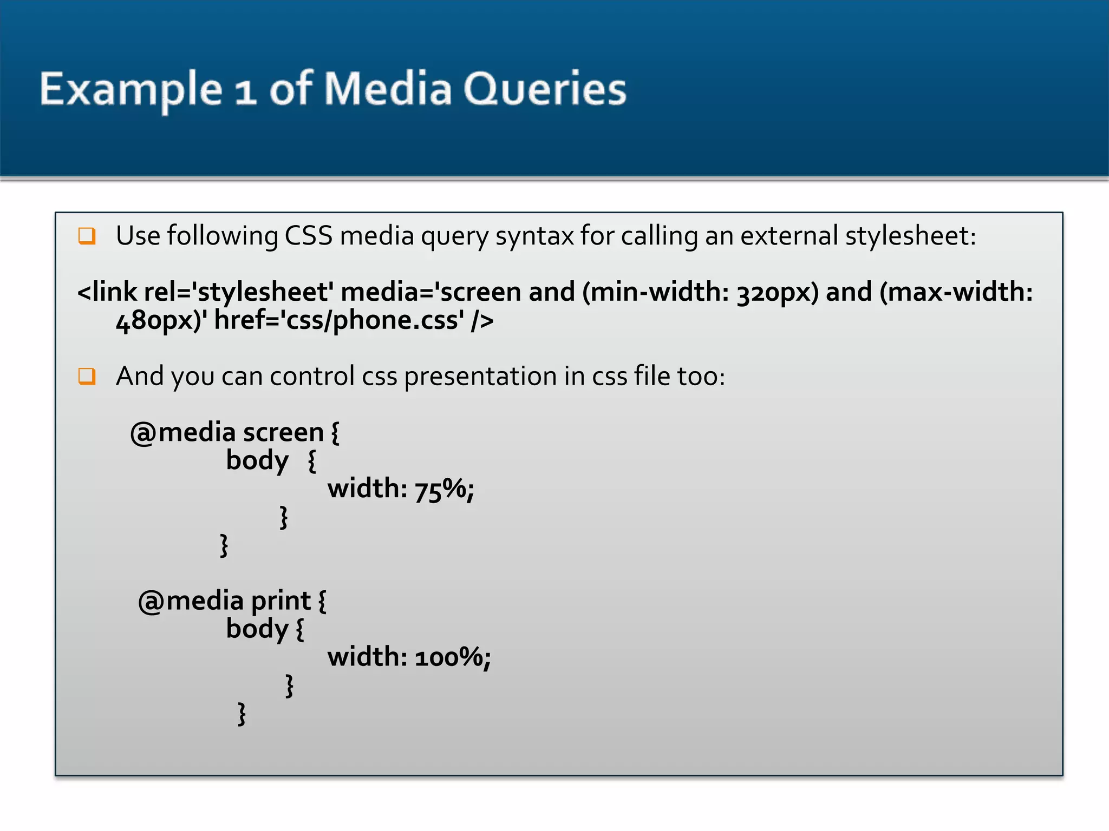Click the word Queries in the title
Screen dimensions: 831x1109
coord(544,89)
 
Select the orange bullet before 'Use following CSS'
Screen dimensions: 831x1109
coord(87,236)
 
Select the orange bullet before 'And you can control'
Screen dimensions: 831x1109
coord(87,376)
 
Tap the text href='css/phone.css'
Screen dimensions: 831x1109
coord(339,320)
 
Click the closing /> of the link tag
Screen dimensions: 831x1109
coord(482,320)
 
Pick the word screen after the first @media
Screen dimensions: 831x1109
coord(283,432)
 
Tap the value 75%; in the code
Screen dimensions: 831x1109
coord(445,489)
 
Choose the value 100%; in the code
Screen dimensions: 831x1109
coord(453,657)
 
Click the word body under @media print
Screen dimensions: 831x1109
coord(257,629)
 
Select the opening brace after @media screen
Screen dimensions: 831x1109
coord(335,433)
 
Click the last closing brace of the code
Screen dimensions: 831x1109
coord(242,714)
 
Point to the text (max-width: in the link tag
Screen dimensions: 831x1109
coord(956,292)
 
